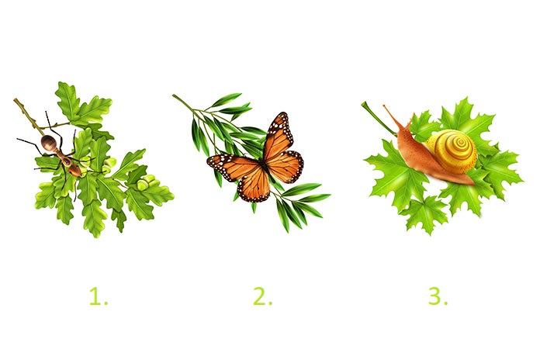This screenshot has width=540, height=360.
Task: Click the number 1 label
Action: coord(99,296)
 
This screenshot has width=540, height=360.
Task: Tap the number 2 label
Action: coord(263,296)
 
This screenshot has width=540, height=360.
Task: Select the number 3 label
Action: coord(438,296)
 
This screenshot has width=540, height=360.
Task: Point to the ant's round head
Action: coord(48,142)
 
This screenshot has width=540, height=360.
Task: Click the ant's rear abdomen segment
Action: coord(74,170)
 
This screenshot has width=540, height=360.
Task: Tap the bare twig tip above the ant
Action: coord(16,100)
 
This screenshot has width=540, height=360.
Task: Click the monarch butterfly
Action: coord(256,159)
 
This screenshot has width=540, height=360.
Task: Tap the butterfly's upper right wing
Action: coord(279,135)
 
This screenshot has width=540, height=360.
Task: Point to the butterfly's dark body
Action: coord(264,164)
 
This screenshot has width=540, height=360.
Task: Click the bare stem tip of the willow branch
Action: coord(175,96)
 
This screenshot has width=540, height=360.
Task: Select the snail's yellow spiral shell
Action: coord(451,151)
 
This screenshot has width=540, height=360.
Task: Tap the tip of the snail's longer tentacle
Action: coord(384,106)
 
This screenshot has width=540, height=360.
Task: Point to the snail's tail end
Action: coord(471,182)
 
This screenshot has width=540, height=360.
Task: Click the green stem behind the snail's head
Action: coord(378,118)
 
